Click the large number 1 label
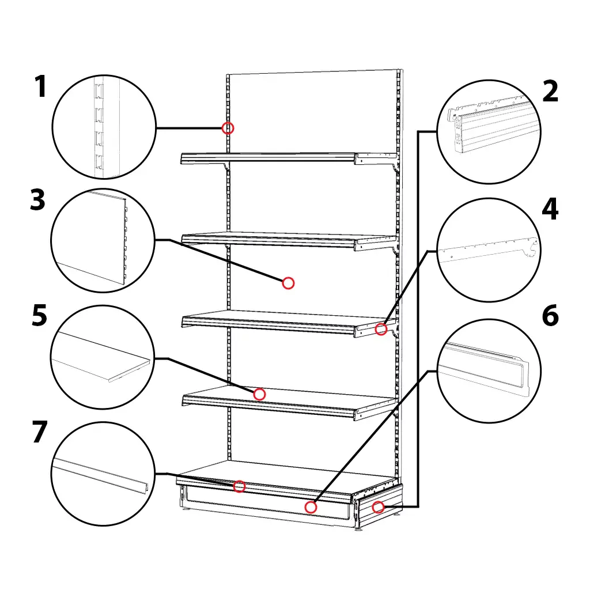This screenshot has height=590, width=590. point(41,86)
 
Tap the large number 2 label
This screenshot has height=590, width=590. point(550,92)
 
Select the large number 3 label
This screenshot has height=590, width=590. point(37,200)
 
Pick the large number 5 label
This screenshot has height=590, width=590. point(40,315)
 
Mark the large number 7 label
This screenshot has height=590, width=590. point(40,432)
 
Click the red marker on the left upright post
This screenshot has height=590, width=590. point(228,128)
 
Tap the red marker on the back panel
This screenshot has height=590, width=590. point(288,283)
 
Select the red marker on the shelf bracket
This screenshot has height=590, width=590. point(381,329)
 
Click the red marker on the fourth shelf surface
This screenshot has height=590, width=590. point(259,394)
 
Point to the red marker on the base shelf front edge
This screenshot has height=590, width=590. point(239,486)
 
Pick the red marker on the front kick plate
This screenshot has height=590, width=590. point(311,507)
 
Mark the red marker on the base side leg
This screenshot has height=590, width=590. point(378,507)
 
